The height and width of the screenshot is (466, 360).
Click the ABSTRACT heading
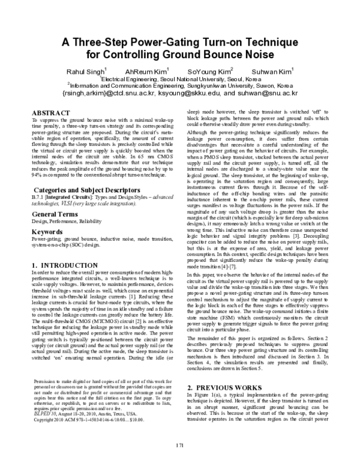(50, 112)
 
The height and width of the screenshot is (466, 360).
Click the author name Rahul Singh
(86, 71)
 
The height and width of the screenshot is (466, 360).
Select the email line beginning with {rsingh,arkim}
(180, 94)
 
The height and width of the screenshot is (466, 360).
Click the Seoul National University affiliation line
(180, 79)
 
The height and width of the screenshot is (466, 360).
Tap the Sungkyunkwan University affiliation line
(180, 86)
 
